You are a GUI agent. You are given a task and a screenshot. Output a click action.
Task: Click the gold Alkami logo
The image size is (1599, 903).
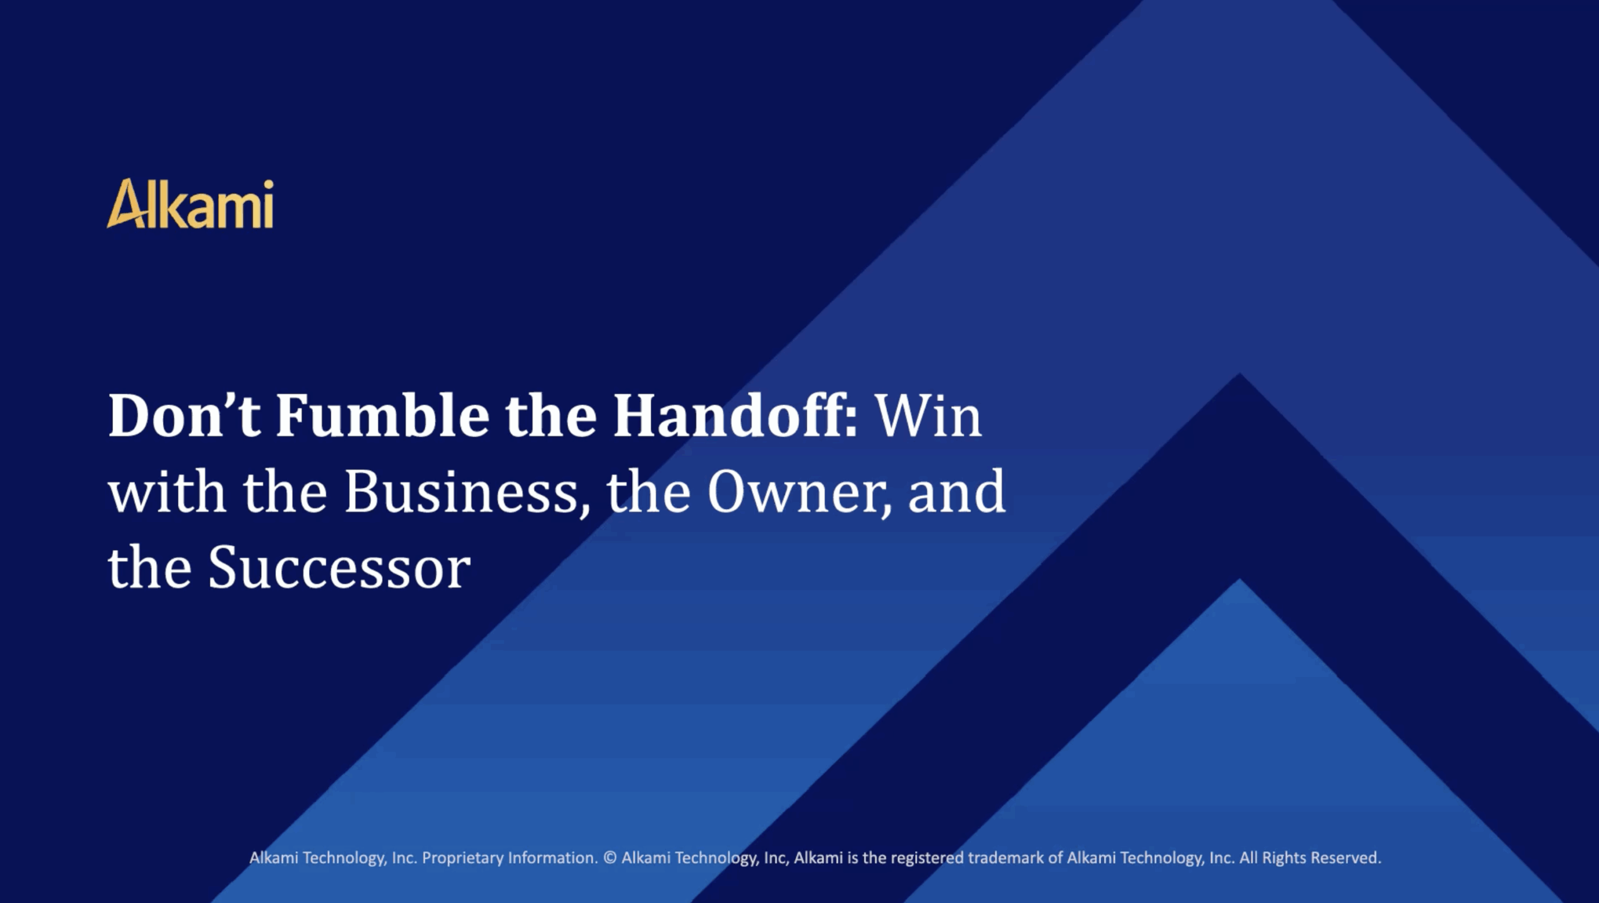point(190,204)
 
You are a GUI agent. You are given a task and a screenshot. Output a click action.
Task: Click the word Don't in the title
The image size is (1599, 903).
point(184,416)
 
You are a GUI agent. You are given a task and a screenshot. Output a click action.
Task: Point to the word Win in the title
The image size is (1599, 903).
point(928,416)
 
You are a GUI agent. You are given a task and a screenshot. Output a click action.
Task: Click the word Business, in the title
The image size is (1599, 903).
point(467,493)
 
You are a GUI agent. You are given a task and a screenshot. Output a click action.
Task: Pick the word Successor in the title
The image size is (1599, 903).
point(339,569)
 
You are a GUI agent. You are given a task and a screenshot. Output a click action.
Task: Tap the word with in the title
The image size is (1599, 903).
point(167,492)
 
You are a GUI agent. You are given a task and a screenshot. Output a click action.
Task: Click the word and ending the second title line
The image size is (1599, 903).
point(956,492)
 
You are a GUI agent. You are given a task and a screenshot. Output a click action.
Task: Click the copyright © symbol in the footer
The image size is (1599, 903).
point(610,858)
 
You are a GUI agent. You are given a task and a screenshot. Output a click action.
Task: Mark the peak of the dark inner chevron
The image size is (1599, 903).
point(1240,373)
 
